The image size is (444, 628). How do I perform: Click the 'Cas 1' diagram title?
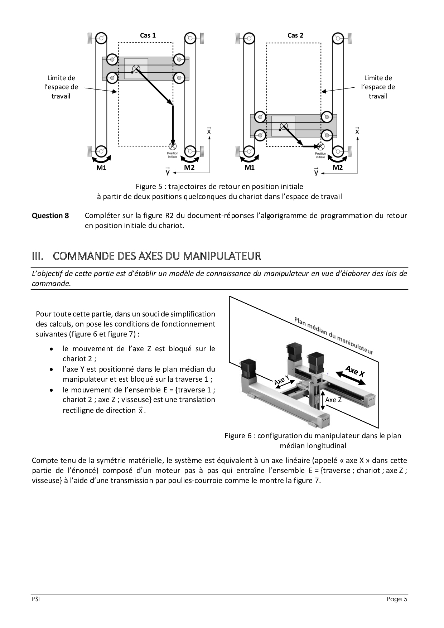click(148, 35)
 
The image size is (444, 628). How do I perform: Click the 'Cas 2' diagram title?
click(295, 35)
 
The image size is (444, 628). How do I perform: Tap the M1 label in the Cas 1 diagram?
click(101, 168)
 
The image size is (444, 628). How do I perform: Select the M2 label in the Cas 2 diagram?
click(337, 167)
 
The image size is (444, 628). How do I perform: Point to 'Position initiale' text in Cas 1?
click(172, 155)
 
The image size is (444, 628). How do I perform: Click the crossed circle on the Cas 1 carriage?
click(136, 69)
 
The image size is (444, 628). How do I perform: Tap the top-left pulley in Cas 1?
click(101, 38)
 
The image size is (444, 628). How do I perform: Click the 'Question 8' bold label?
click(50, 216)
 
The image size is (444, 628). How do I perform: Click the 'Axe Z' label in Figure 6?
click(333, 400)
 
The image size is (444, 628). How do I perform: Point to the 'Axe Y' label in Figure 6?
click(282, 380)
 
